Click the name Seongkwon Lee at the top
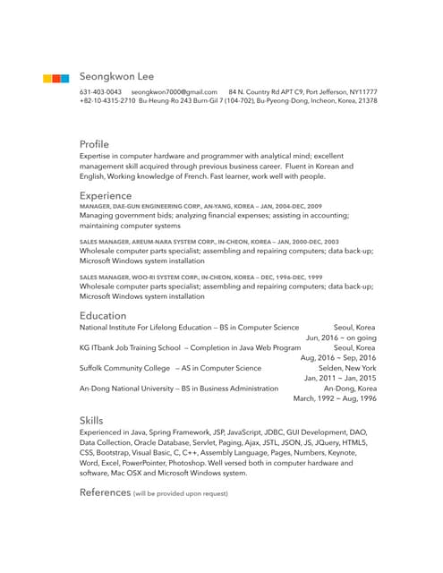point(116,77)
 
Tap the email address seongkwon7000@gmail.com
point(175,92)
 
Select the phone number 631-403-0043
point(100,92)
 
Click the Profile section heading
point(94,143)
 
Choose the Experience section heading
point(106,195)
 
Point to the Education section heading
point(102,315)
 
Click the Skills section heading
point(91,420)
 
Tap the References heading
point(105,492)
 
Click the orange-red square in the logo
point(55,79)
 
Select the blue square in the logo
point(64,79)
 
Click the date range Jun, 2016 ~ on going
point(341,338)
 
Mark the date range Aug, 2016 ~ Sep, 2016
point(338,358)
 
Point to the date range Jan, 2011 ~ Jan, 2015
point(339,378)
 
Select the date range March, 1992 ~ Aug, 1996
point(335,398)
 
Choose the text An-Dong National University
point(128,389)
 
